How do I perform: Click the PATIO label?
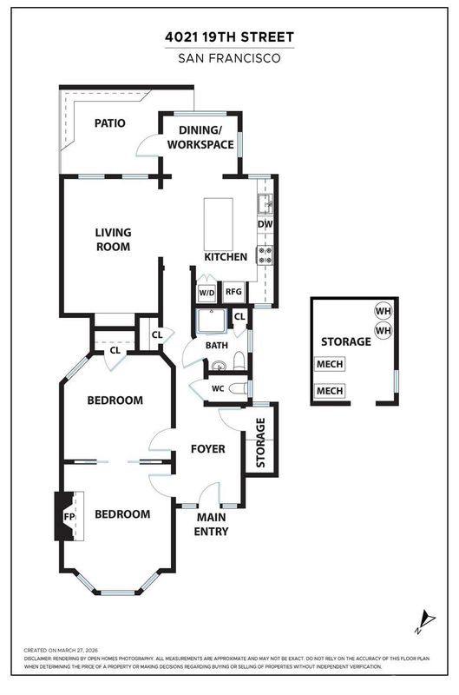(x=110, y=122)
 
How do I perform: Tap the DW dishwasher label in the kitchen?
(x=266, y=224)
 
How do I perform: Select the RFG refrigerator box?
(x=233, y=292)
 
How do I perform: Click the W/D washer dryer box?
(x=207, y=293)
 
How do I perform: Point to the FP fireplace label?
(x=69, y=517)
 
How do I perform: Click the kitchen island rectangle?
(x=218, y=224)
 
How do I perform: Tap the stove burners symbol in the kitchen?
(x=266, y=255)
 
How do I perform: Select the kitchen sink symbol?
(x=266, y=204)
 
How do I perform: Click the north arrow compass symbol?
(x=425, y=622)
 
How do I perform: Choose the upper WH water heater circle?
(x=384, y=311)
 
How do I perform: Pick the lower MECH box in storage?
(x=330, y=391)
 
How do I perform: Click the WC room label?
(x=218, y=388)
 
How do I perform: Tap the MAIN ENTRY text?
(x=211, y=525)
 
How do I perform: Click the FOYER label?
(x=208, y=449)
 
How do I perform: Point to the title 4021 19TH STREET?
(x=229, y=37)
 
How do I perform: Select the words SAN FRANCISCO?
(x=229, y=58)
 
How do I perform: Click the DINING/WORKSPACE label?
(x=200, y=137)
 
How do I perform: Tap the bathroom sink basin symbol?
(x=218, y=366)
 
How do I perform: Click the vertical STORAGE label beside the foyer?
(x=260, y=443)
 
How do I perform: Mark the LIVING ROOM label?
(x=114, y=240)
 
